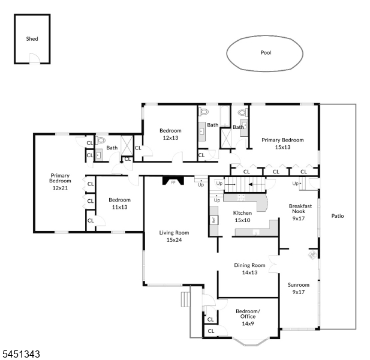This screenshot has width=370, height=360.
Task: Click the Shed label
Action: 32,39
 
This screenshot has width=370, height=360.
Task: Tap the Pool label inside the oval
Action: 266,53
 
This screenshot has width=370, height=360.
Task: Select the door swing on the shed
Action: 35,58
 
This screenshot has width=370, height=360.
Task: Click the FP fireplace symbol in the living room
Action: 173,181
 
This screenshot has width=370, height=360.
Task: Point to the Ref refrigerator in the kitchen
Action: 214,220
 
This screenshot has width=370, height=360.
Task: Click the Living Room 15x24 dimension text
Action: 174,240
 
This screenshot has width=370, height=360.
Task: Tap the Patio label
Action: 338,216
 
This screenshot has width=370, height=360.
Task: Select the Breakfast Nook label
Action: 300,209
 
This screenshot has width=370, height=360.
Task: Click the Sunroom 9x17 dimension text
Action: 299,292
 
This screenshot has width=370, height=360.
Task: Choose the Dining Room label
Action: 249,265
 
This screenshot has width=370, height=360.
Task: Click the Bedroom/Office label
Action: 248,314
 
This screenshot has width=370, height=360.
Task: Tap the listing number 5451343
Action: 21,355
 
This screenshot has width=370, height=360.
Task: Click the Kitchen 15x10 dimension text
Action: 243,220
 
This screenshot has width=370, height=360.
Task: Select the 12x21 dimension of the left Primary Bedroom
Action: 60,188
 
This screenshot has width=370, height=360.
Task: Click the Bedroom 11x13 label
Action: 120,203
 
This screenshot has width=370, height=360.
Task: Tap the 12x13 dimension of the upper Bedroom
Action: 170,138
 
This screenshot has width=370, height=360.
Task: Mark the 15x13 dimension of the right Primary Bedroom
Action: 282,148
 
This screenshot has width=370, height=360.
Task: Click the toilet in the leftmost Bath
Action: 100,140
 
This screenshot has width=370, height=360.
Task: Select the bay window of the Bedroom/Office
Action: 251,342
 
